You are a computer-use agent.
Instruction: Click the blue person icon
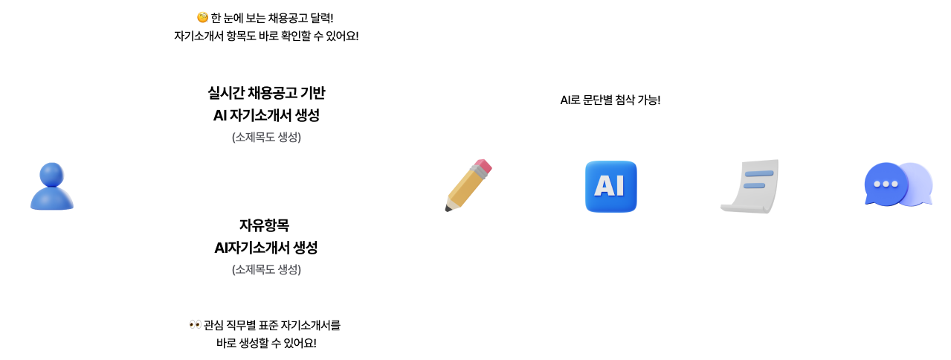(x=52, y=187)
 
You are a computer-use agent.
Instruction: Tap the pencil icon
(x=468, y=185)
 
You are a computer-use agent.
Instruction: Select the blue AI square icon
(x=611, y=187)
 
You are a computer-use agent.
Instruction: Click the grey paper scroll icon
(x=750, y=187)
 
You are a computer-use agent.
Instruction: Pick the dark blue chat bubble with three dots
(x=886, y=184)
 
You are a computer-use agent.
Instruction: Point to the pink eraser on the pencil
(x=483, y=166)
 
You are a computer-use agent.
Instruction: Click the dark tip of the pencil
(x=448, y=208)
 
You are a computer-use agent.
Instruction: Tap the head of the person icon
(x=52, y=174)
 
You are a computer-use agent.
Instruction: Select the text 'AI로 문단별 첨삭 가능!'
(x=610, y=100)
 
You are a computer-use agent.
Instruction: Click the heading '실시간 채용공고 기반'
(x=266, y=93)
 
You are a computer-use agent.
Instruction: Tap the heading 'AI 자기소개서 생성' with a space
(x=266, y=115)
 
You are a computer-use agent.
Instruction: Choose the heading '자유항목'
(x=264, y=225)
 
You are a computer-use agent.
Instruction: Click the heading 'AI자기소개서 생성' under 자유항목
(x=266, y=248)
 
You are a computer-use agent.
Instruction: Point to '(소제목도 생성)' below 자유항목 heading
(x=266, y=269)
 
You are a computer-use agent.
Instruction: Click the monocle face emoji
(x=202, y=17)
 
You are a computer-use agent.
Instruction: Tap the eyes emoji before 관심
(x=196, y=325)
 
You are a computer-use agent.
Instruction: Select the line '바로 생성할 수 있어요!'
(x=266, y=343)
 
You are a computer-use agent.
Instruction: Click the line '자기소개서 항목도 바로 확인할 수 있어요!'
(x=266, y=36)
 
